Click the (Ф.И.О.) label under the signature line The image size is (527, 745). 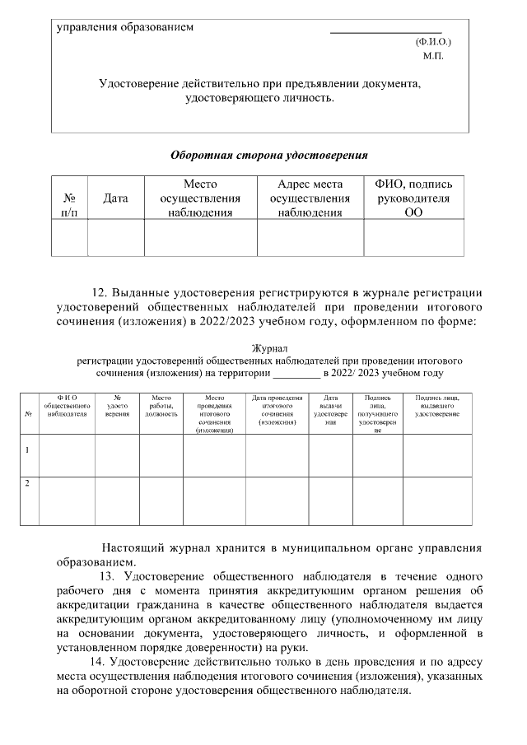[433, 40]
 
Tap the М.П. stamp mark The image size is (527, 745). [433, 56]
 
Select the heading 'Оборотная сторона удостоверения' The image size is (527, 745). [268, 155]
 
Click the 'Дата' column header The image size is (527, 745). [115, 198]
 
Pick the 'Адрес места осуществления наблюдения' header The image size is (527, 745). [310, 198]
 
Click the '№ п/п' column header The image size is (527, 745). [69, 205]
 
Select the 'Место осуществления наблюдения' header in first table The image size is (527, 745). [200, 198]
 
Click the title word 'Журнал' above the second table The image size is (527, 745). [268, 349]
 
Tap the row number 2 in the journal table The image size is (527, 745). [28, 483]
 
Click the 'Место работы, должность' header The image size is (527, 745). [161, 406]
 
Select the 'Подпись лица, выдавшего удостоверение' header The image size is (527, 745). [437, 406]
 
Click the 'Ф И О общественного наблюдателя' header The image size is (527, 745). [67, 406]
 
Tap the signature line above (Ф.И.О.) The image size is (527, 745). [385, 31]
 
